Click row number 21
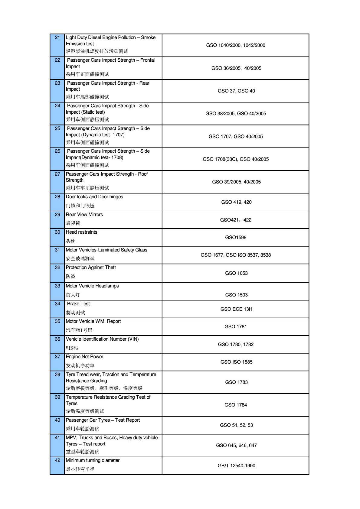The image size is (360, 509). click(x=57, y=37)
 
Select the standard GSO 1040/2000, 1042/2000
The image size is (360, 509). click(x=236, y=45)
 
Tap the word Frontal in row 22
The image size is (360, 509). click(x=147, y=60)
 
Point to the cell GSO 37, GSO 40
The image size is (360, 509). click(x=236, y=91)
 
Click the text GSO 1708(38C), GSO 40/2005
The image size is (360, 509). click(x=236, y=159)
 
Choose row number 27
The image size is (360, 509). click(x=57, y=174)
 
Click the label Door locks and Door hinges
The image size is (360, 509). click(x=94, y=197)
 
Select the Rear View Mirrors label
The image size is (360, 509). click(x=84, y=215)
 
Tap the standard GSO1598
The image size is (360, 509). click(x=236, y=238)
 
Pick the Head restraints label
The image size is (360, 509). click(x=82, y=232)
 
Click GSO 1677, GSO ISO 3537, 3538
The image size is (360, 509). click(x=236, y=255)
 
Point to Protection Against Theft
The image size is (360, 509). click(x=91, y=267)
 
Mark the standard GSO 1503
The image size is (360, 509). click(x=236, y=295)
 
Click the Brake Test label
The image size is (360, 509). click(x=78, y=304)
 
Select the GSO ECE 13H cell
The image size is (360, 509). click(x=236, y=309)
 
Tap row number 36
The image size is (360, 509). click(x=57, y=339)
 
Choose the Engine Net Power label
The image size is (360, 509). click(x=84, y=357)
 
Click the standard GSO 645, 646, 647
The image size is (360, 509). click(x=236, y=445)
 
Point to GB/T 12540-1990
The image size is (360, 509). click(x=236, y=465)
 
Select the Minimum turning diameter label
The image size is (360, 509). click(x=93, y=460)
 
